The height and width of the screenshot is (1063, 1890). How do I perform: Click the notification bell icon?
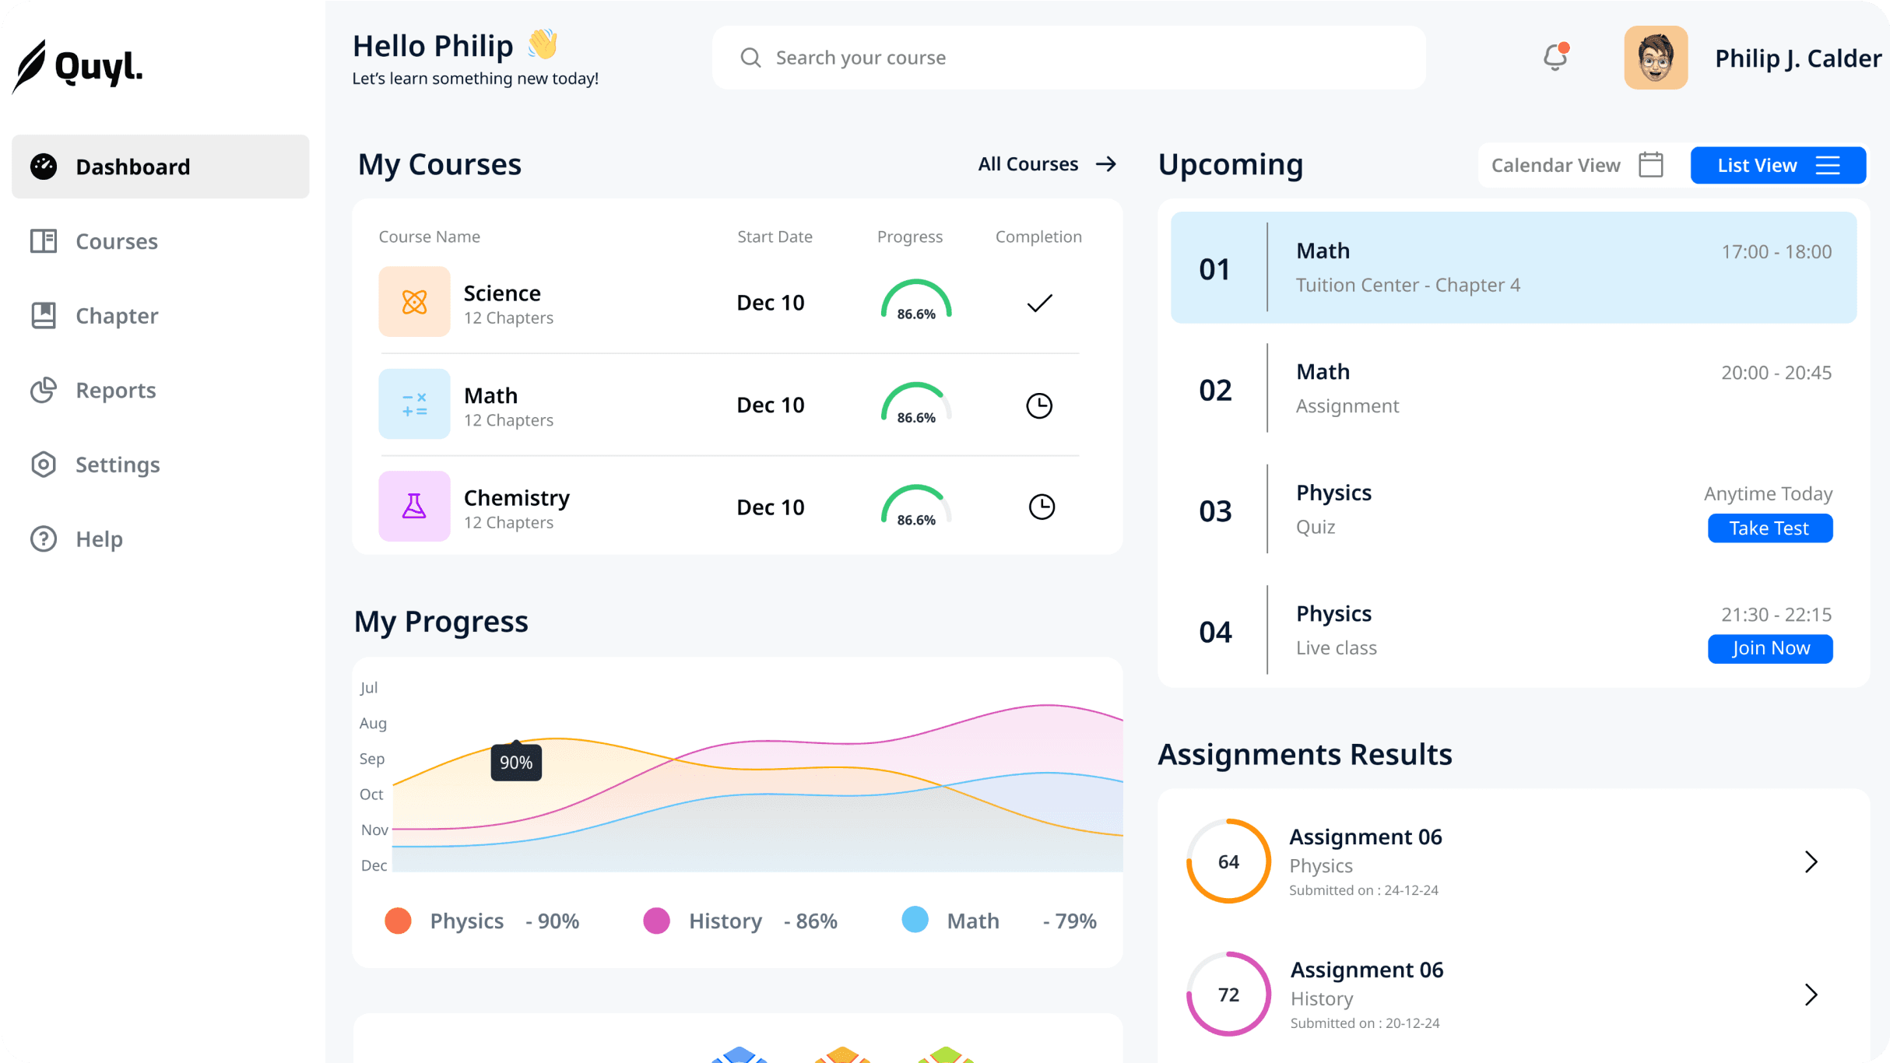[x=1555, y=58]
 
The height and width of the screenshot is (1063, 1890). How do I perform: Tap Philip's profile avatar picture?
[x=1656, y=58]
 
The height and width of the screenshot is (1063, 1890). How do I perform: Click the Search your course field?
[x=1068, y=58]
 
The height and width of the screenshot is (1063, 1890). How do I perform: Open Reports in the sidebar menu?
[x=115, y=390]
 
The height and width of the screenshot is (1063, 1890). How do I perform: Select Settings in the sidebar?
[x=117, y=465]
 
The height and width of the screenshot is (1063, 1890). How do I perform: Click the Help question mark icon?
[x=44, y=539]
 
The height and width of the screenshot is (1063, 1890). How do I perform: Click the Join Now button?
[x=1770, y=648]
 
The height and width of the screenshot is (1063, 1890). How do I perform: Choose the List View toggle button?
[x=1778, y=165]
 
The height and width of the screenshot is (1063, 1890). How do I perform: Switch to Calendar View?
[x=1577, y=165]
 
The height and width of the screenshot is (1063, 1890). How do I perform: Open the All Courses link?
[x=1047, y=164]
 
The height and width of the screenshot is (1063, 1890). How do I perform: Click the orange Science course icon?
[x=414, y=302]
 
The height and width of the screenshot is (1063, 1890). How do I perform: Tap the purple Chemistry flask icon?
[x=414, y=507]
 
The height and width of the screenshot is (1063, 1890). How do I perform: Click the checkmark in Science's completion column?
[x=1039, y=303]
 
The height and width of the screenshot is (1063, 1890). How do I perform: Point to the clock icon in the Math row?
[x=1039, y=405]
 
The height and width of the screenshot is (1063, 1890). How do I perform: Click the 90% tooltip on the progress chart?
[x=516, y=763]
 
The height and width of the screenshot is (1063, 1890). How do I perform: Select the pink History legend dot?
[x=656, y=921]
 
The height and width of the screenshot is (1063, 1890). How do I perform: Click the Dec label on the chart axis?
[x=374, y=865]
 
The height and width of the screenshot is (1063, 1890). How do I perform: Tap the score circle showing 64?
[x=1228, y=861]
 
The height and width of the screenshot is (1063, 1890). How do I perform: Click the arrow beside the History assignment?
[x=1811, y=995]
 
